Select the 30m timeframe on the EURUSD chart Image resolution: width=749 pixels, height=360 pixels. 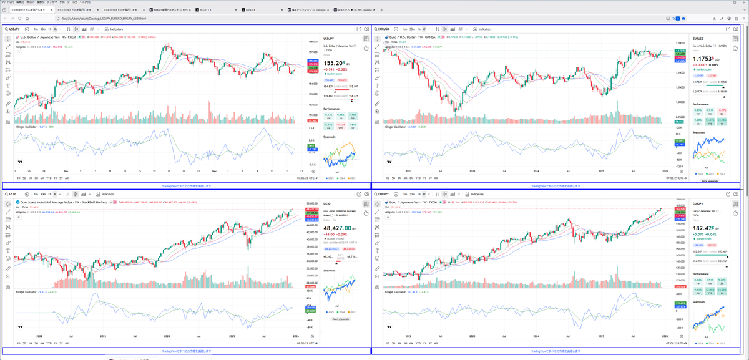413,29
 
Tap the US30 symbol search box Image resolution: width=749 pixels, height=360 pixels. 14,195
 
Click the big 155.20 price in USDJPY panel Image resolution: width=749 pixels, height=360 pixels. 334,63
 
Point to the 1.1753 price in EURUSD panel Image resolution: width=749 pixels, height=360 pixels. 702,58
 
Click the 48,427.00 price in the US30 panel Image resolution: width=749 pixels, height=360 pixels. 336,228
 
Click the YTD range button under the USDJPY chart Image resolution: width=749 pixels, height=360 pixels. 48,178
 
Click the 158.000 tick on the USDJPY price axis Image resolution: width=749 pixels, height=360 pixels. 313,42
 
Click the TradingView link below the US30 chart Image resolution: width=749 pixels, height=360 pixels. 187,351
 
